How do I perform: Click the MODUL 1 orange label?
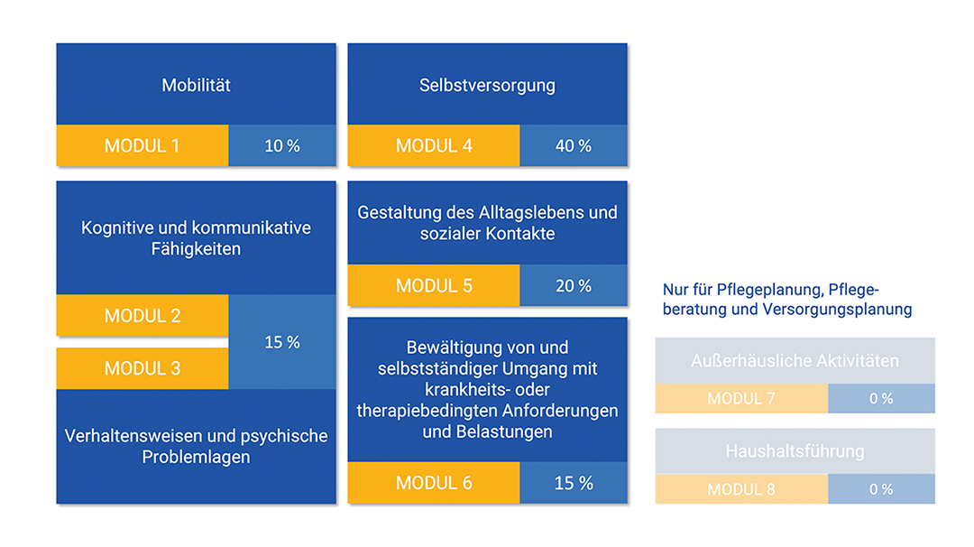coord(142,145)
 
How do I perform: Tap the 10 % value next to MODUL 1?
coord(282,146)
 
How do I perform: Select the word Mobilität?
coord(197,85)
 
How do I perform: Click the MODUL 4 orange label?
coord(434,145)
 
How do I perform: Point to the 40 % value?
coord(574,146)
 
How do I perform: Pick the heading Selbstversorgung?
coord(488,85)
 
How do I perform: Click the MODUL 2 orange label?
coord(142,316)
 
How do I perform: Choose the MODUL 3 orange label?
coord(142,368)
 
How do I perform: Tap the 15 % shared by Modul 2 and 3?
coord(282,342)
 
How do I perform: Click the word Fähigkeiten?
coord(197,249)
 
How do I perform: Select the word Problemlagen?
coord(197,457)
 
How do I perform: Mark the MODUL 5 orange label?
coord(434,285)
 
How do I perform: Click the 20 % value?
coord(574,286)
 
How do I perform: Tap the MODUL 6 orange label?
coord(434,482)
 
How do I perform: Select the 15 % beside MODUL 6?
coord(574,483)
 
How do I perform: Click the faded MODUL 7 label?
coord(741,398)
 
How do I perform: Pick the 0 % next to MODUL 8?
coord(881,489)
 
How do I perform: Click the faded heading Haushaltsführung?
coord(795,450)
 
